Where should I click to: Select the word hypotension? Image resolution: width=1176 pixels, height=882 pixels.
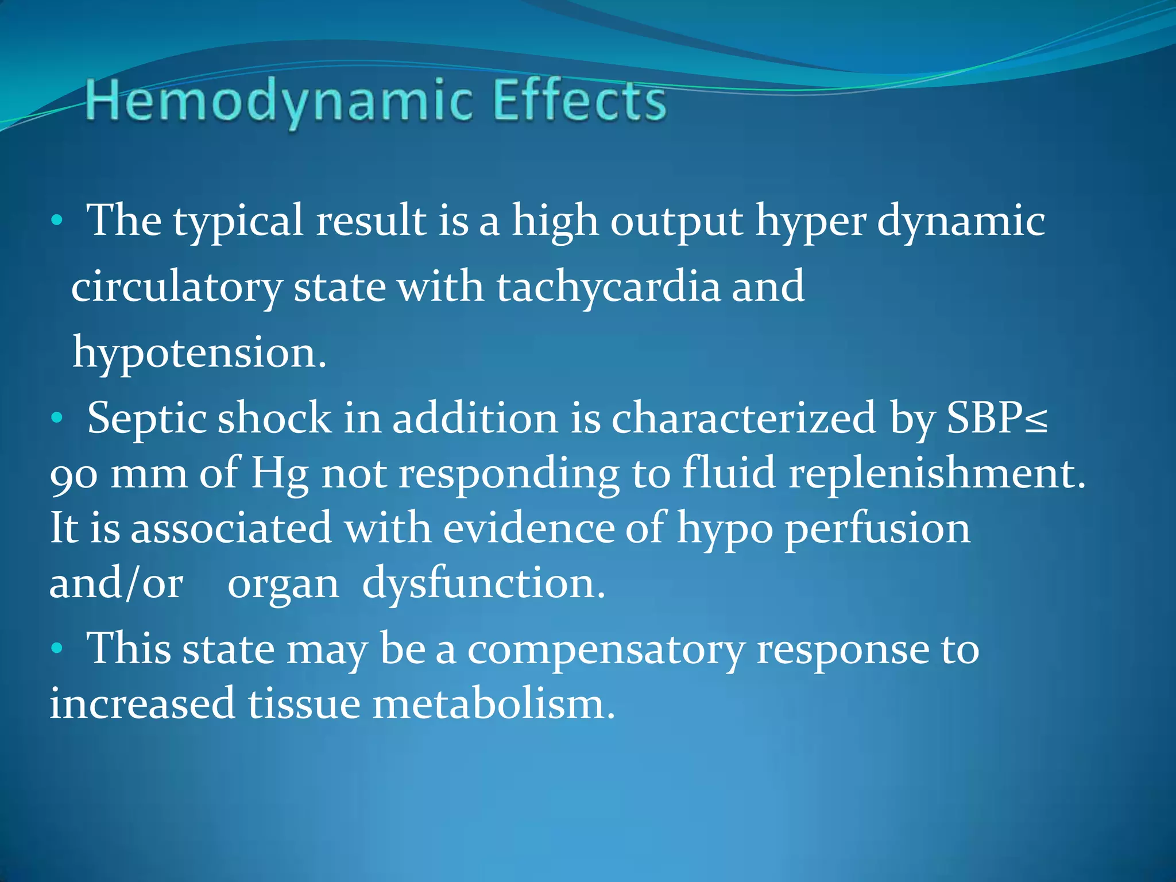click(199, 352)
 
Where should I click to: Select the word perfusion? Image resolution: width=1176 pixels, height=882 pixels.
click(877, 528)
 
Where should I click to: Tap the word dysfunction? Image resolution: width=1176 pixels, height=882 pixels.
click(483, 583)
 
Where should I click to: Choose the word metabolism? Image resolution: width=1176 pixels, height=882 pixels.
click(493, 704)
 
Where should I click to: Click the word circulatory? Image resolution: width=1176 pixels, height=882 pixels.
click(176, 287)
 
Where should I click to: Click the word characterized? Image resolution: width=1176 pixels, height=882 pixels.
click(743, 418)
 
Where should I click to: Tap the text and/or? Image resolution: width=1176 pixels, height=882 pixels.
click(117, 583)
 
